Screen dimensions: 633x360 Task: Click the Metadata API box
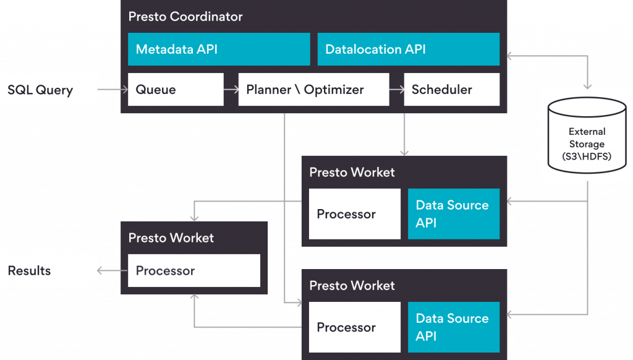coord(219,49)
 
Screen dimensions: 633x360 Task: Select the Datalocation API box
coord(409,49)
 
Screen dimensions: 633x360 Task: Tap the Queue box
coord(176,89)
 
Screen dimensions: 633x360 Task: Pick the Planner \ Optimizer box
coord(313,89)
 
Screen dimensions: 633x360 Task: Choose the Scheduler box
coord(452,89)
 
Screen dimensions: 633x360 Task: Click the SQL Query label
coord(40,90)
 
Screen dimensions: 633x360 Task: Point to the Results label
coord(29,271)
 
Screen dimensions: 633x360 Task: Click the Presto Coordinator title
coord(185,17)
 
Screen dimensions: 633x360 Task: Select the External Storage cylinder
coord(587,135)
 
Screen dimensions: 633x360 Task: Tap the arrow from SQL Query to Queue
coord(113,89)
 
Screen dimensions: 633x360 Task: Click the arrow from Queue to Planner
coord(231,89)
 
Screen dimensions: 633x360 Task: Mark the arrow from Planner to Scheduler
coord(396,89)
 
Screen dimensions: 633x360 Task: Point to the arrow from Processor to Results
coord(113,271)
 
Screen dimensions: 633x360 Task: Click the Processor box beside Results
coord(194,271)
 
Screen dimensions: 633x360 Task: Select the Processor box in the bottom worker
coord(355,327)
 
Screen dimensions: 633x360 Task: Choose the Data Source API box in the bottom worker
coord(454,327)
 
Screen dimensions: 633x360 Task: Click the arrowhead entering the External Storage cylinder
coord(587,87)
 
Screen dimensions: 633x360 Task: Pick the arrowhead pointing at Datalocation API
coord(509,56)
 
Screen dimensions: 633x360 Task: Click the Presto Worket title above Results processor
coord(171,238)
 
